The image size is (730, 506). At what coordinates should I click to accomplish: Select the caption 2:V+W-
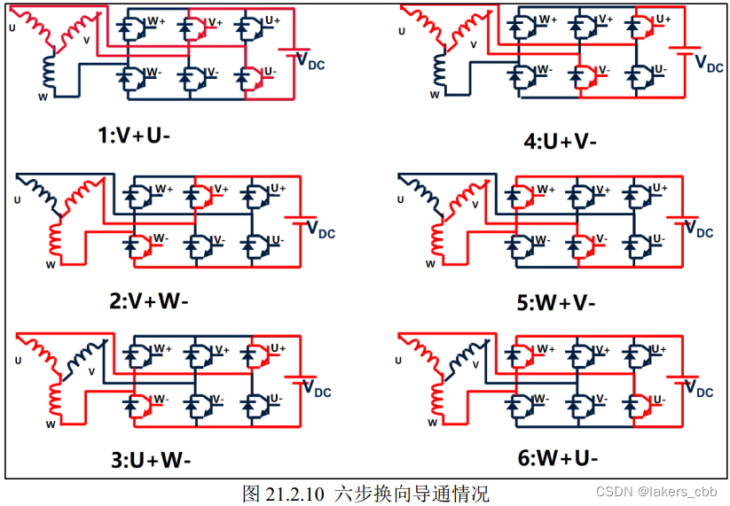[149, 300]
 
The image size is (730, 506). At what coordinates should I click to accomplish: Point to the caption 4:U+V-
[560, 141]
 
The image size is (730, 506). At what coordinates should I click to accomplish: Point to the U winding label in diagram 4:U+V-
[402, 31]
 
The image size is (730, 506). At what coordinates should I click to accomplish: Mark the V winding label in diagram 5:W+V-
[475, 206]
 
